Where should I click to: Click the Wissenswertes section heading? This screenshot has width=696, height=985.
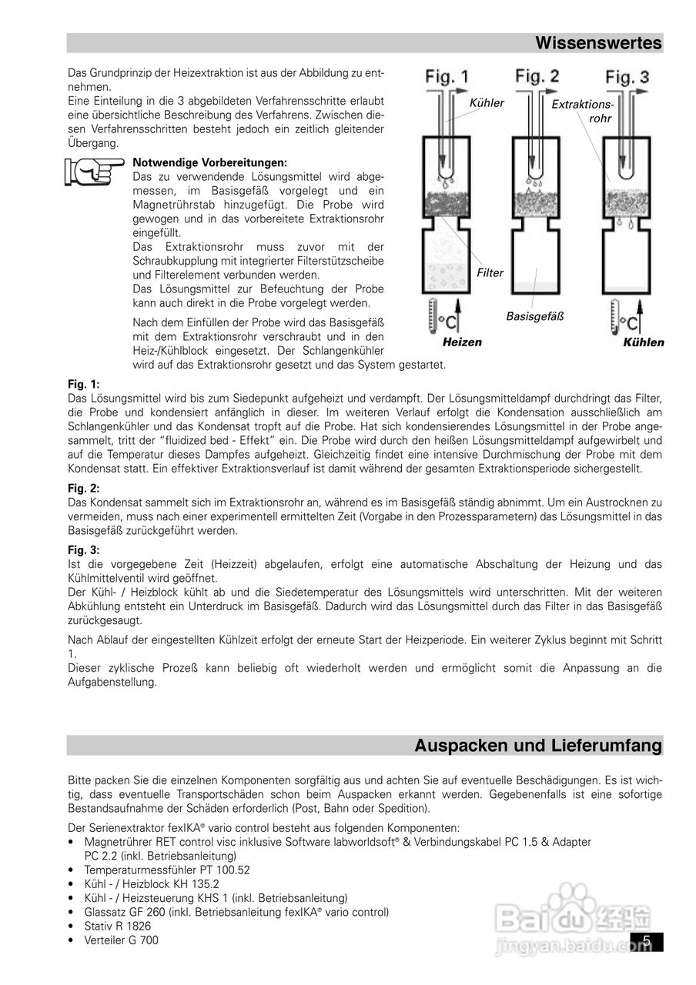[x=598, y=43]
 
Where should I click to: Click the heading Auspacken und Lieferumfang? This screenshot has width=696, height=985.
[x=538, y=745]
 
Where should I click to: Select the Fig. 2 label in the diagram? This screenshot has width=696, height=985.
[x=537, y=76]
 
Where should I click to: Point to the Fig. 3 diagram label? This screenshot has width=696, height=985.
[x=627, y=77]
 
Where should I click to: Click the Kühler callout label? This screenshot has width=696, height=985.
[x=487, y=103]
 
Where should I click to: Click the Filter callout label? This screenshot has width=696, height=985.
[x=490, y=272]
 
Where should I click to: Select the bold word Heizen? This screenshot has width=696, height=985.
[x=462, y=342]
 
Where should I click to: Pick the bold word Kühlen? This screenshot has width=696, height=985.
[x=643, y=342]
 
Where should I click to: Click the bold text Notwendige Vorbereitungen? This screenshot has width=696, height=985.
[x=209, y=162]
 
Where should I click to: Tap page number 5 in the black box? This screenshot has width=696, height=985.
[x=647, y=940]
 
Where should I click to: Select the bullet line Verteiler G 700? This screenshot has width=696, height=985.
[x=121, y=940]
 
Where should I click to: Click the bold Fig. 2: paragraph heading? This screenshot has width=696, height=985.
[x=84, y=488]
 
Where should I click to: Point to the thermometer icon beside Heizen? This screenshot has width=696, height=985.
[x=430, y=319]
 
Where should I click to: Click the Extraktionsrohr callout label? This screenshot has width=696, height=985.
[x=582, y=111]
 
